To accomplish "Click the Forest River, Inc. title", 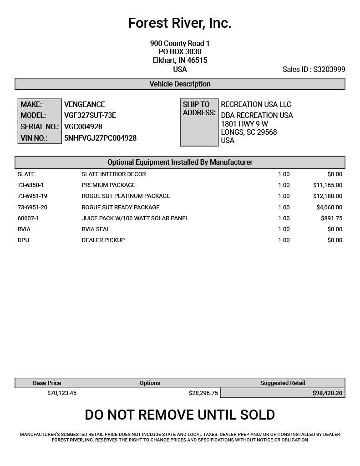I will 180,23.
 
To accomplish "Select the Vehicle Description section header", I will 180,84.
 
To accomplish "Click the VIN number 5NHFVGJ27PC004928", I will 100,138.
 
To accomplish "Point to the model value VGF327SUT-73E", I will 90,115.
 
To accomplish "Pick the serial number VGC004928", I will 83,127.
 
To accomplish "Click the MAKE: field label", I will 31,104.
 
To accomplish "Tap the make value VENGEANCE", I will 85,104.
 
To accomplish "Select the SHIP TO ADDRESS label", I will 199,108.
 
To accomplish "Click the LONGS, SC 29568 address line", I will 248,132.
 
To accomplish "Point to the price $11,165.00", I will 328,185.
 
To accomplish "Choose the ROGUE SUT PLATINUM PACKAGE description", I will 126,196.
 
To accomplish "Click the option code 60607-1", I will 28,218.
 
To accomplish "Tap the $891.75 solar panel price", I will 331,218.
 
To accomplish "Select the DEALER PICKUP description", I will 103,240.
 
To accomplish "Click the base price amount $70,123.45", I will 62,393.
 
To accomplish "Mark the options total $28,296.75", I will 203,393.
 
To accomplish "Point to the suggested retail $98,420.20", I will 327,393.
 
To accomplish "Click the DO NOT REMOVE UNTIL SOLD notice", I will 180,415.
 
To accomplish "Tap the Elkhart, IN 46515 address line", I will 180,60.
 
